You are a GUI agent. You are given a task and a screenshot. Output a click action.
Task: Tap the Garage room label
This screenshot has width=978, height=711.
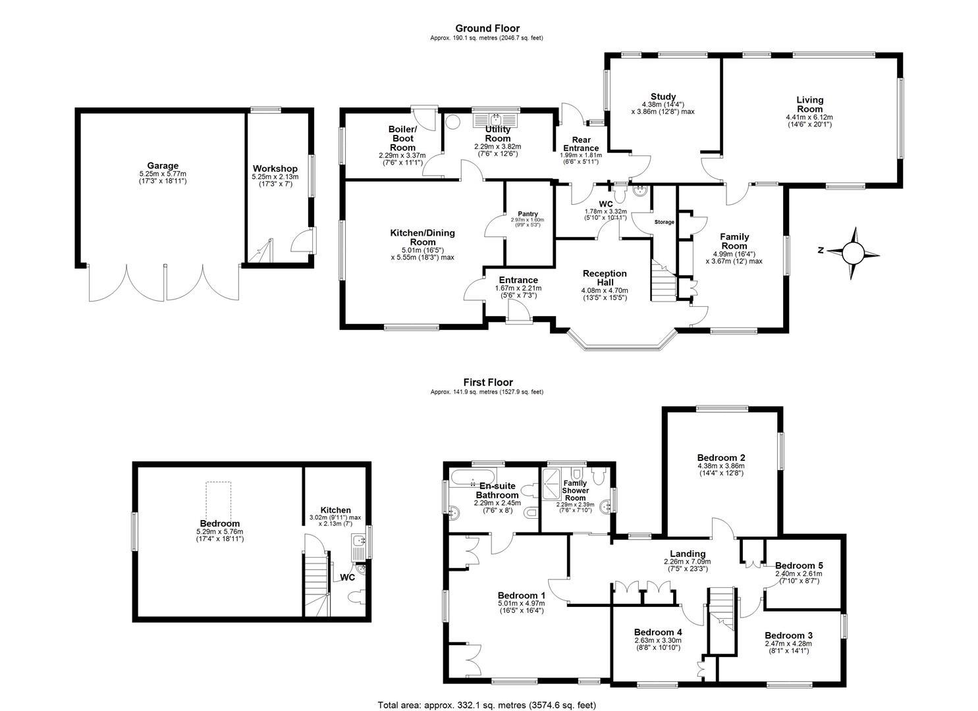(163, 166)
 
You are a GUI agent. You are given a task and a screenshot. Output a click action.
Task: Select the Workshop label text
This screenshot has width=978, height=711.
(275, 169)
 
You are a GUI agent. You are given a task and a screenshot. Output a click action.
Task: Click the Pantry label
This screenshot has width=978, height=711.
(528, 214)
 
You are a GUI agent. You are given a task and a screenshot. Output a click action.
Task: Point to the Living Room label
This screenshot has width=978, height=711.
(810, 104)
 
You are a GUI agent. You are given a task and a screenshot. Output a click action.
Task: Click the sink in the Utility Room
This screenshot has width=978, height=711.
(496, 119)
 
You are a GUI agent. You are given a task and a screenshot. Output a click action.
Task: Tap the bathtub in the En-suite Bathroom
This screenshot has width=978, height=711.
(473, 476)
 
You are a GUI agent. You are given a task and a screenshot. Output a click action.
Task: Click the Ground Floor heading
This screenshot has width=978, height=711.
(487, 28)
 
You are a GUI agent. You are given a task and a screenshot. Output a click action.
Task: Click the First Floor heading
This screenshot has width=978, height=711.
(488, 382)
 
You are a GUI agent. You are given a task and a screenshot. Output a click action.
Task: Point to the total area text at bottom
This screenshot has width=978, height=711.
(487, 704)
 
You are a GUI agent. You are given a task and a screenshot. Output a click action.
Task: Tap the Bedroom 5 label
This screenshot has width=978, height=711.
(799, 566)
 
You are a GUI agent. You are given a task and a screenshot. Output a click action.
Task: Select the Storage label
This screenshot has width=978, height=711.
(664, 222)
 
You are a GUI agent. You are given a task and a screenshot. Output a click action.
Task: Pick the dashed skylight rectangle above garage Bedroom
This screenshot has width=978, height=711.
(218, 500)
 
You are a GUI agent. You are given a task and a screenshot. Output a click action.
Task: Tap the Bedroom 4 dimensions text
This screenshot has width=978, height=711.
(658, 644)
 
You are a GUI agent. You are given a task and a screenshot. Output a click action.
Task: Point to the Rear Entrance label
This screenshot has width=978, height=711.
(581, 144)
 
